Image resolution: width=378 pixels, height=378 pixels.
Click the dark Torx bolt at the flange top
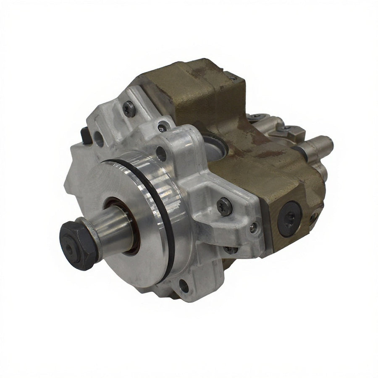(130, 109)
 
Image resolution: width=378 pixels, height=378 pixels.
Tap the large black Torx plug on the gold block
(290, 214)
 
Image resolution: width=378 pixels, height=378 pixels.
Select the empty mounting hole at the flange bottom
(184, 287)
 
